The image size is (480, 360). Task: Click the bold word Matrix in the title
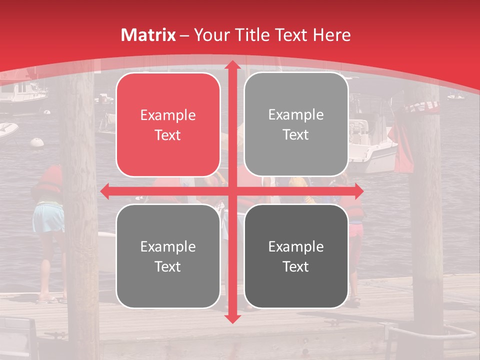pos(148,35)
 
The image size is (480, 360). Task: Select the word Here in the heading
pos(332,35)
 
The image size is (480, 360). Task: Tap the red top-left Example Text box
pos(168,125)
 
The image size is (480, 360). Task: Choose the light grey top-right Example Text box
pos(296,124)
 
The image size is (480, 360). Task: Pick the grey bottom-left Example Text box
pos(168,256)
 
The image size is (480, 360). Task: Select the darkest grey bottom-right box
pos(296,256)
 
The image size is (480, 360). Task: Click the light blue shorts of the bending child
pos(48,218)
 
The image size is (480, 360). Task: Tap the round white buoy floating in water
pos(37,142)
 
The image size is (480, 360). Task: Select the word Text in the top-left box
pos(168,135)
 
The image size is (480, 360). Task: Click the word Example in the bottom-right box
pos(296,246)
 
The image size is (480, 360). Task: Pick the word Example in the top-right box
pos(296,115)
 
